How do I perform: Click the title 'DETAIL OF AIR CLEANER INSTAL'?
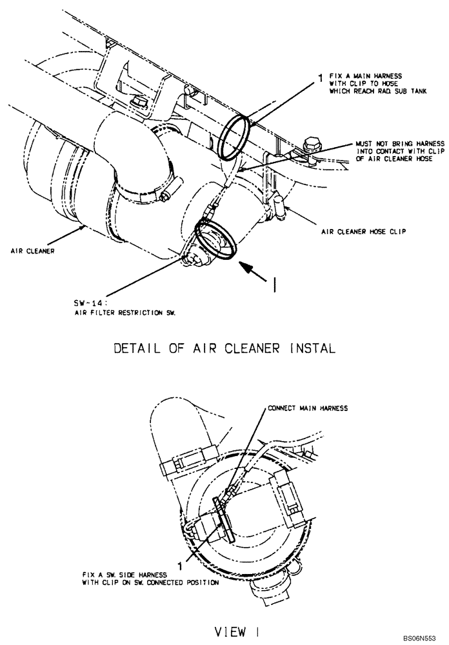coord(224,349)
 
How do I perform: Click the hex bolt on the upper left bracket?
coord(137,103)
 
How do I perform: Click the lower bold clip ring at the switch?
coord(215,240)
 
